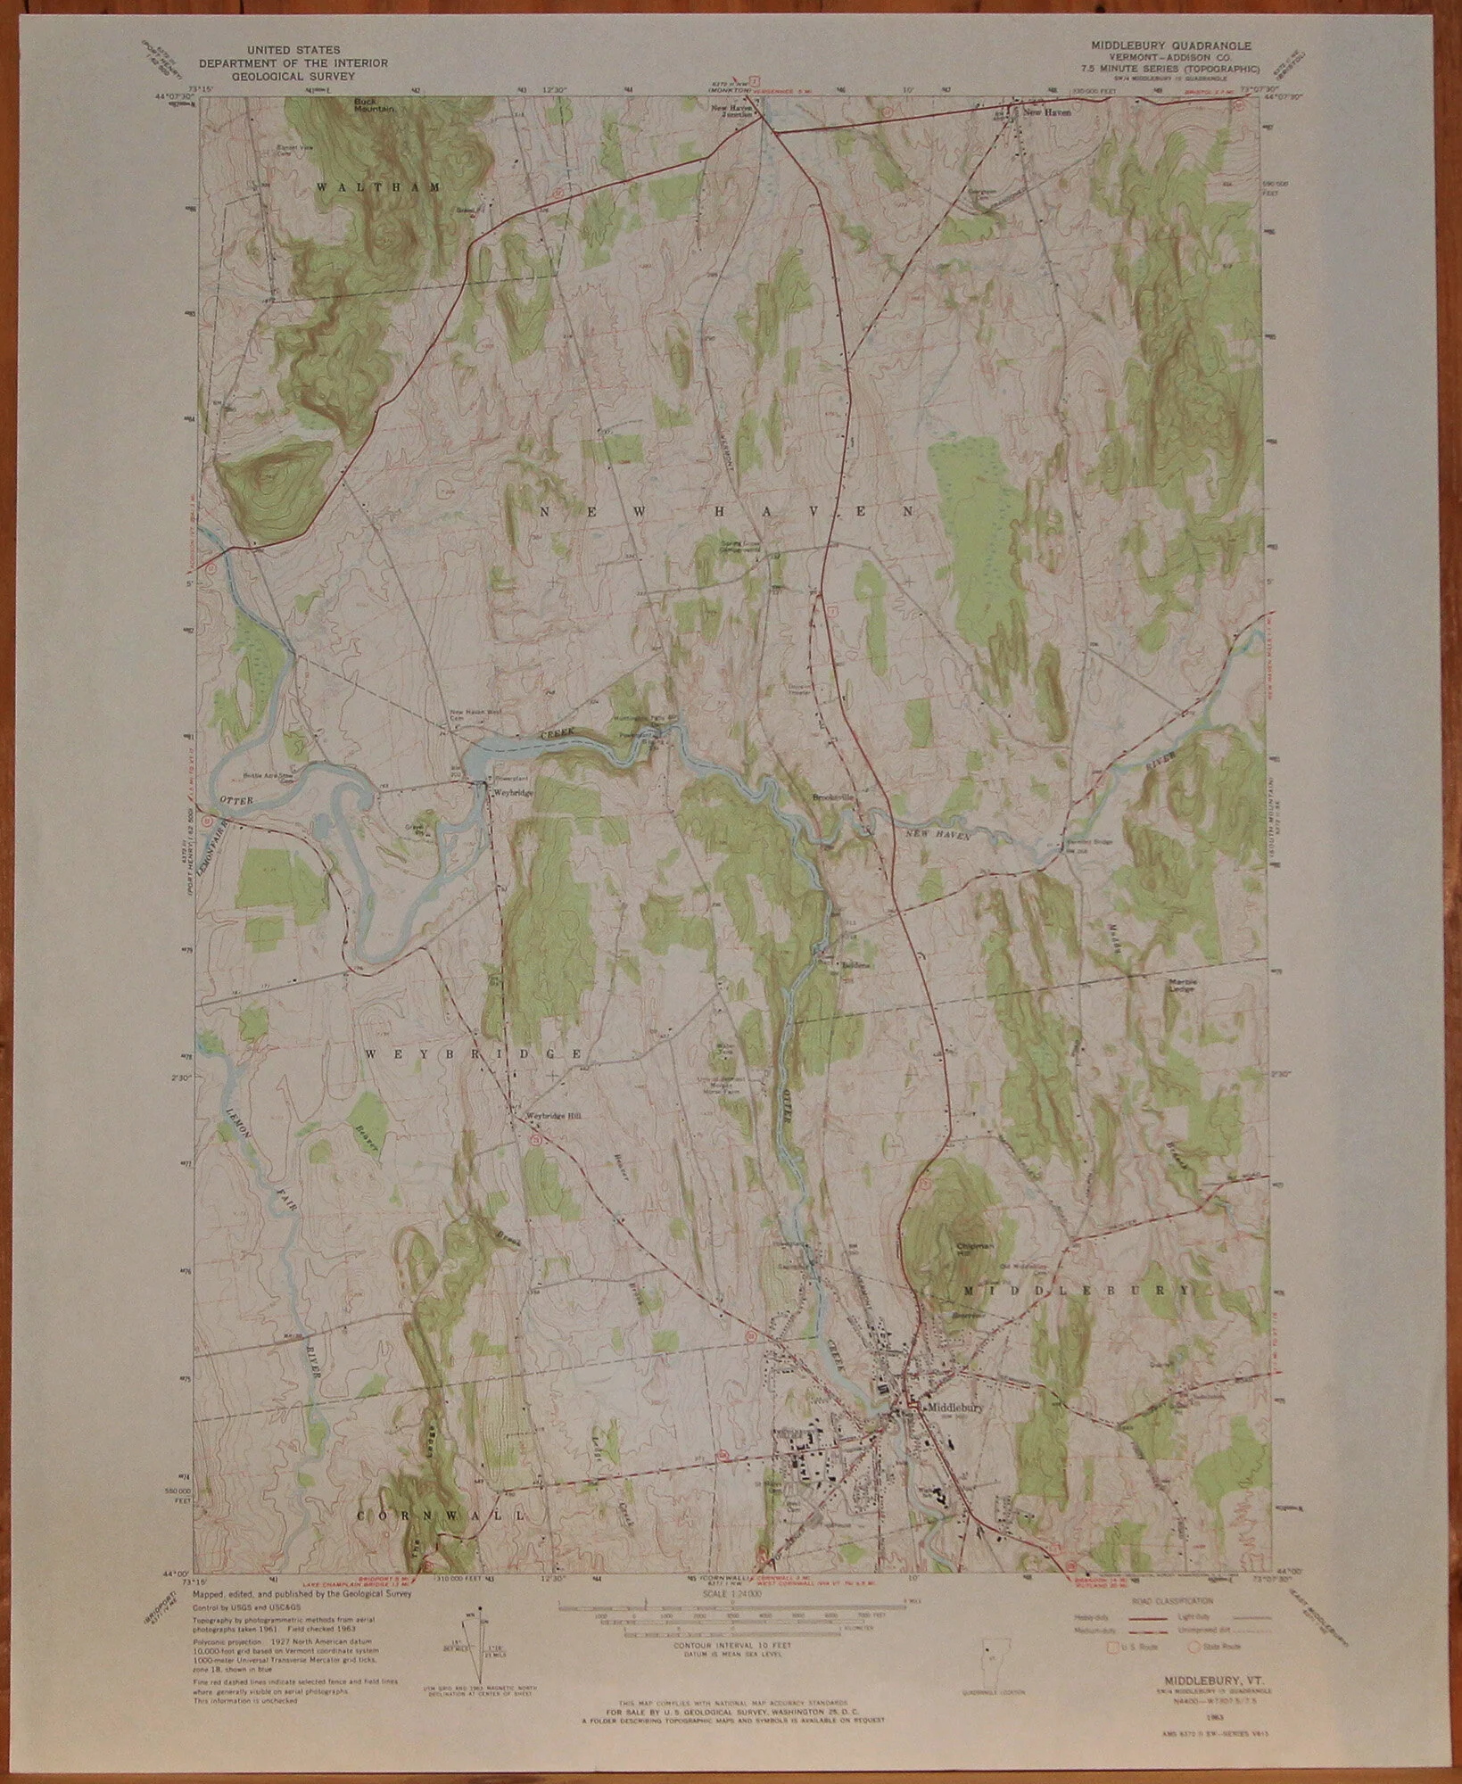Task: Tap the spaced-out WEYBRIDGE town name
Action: tap(473, 1053)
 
